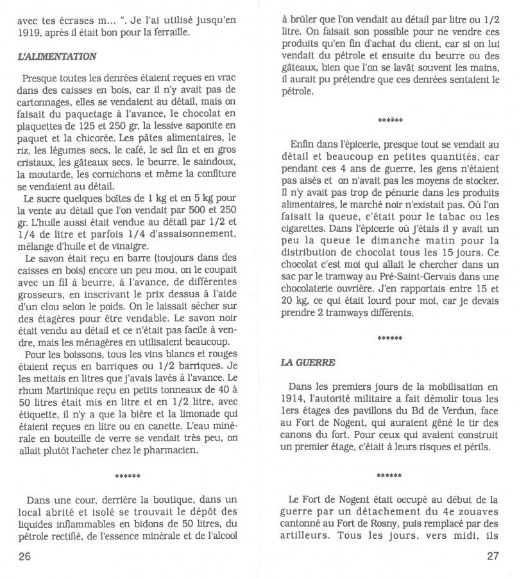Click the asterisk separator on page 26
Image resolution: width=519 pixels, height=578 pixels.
[126, 476]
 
